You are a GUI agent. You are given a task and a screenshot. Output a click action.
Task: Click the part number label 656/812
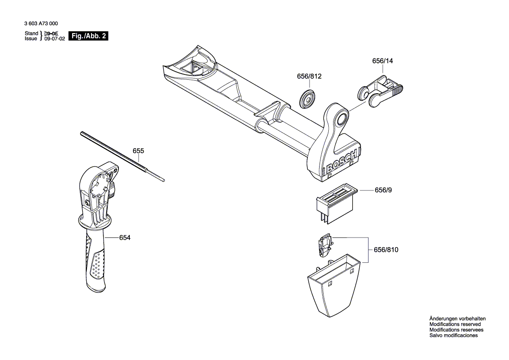[x=309, y=76]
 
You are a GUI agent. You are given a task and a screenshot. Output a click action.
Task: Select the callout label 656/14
[x=382, y=61]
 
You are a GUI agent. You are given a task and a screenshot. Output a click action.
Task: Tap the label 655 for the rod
[x=138, y=151]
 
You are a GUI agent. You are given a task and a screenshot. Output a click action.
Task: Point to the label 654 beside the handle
[x=125, y=238]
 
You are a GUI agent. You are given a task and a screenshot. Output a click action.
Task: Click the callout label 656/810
[x=386, y=250]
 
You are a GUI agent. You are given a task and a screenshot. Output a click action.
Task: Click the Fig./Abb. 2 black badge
[x=88, y=36]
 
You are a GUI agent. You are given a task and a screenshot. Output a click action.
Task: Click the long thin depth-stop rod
[x=122, y=156]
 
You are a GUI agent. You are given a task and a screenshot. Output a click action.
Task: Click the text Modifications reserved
[x=455, y=324]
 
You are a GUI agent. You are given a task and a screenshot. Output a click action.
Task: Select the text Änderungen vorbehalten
[x=457, y=319]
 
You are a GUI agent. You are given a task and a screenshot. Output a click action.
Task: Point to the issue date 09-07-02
[x=54, y=39]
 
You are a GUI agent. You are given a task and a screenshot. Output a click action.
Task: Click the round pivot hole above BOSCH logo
[x=341, y=117]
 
